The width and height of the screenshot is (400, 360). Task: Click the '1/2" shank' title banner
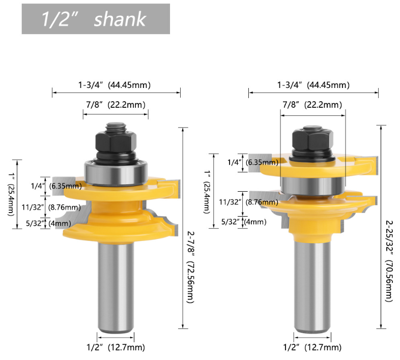95,19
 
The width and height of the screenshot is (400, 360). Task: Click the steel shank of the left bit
116,285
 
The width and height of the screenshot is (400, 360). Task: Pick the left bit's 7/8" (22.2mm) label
115,105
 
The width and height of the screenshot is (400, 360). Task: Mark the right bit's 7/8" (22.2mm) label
312,105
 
